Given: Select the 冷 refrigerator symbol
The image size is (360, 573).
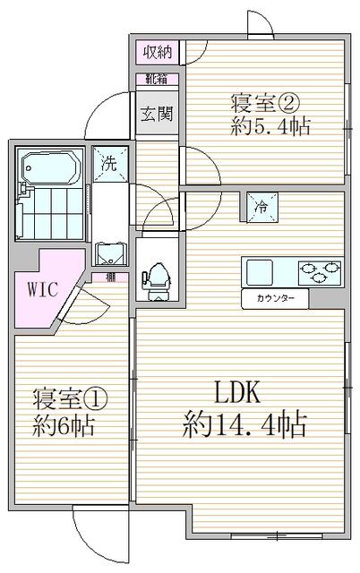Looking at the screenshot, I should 261,206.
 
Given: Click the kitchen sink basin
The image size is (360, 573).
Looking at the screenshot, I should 263,269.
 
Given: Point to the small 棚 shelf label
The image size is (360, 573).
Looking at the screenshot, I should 110,276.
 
